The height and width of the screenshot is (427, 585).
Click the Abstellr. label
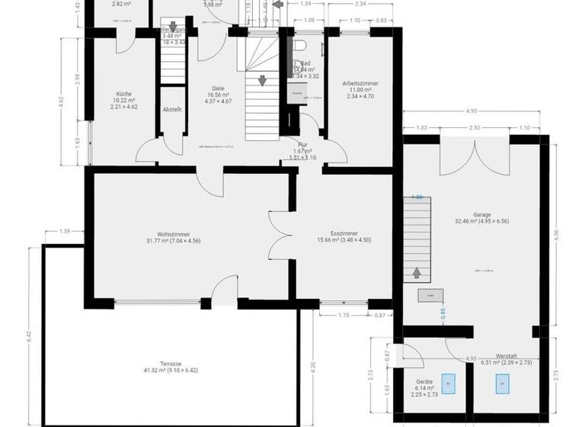[x=172, y=110]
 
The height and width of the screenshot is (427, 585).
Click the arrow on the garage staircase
[x=416, y=271]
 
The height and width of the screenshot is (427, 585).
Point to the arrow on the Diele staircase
[x=262, y=80]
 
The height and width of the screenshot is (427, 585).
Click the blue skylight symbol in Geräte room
[x=449, y=383]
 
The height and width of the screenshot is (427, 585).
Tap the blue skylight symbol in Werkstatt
[x=502, y=384]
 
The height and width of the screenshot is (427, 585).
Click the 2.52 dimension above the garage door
[x=475, y=127]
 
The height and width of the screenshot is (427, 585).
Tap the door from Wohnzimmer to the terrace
[x=224, y=291]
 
